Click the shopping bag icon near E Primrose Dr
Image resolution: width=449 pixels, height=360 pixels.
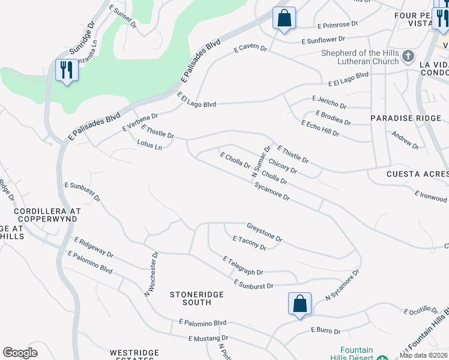284,17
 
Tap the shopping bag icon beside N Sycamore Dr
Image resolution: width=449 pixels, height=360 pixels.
300,303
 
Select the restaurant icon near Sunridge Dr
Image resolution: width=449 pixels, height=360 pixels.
66,70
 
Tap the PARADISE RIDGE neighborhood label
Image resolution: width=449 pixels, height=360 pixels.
397,118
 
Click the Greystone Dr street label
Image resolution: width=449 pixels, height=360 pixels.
264,233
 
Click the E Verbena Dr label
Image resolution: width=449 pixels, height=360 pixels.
140,122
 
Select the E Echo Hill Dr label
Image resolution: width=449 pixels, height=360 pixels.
320,128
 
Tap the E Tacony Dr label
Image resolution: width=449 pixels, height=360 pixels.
249,242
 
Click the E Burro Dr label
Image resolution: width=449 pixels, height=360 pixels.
325,331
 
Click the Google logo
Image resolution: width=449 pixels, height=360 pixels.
20,353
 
